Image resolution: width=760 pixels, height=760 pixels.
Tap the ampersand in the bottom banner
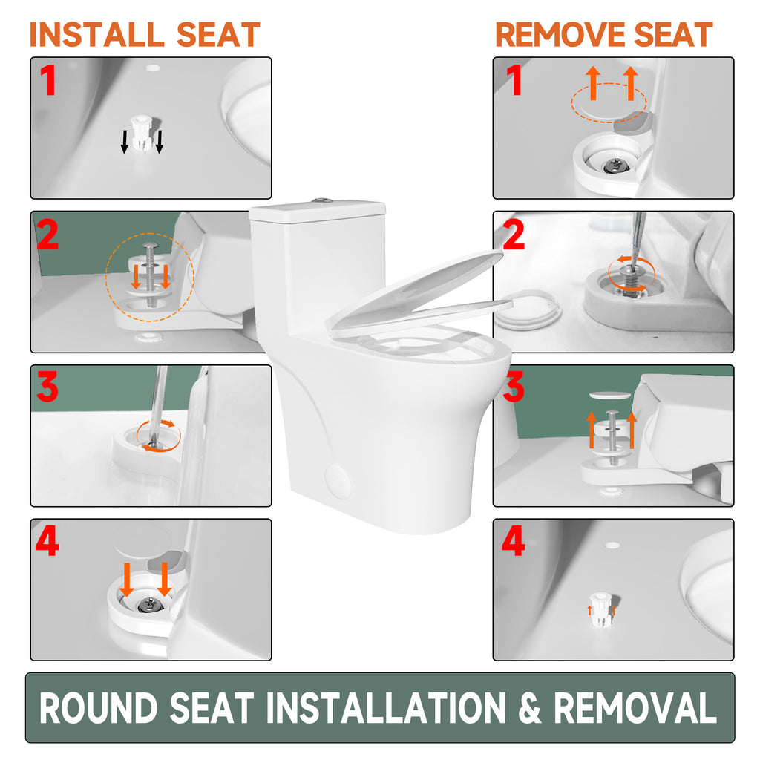pos(529,707)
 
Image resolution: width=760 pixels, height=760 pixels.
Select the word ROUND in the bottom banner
pos(99,707)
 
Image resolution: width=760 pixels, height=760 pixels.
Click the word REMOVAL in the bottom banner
pos(635,707)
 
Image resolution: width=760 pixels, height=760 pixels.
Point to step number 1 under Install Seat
pos(48,80)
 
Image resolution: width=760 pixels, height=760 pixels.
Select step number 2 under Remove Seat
pos(514,235)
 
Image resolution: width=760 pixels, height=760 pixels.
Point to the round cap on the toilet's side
pos(338,481)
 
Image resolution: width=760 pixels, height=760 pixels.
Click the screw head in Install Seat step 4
pos(148,604)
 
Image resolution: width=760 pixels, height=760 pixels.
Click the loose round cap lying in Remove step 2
pos(528,310)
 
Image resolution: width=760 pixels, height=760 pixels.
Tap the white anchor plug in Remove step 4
pos(601,609)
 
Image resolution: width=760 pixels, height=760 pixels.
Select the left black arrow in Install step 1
pos(125,142)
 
